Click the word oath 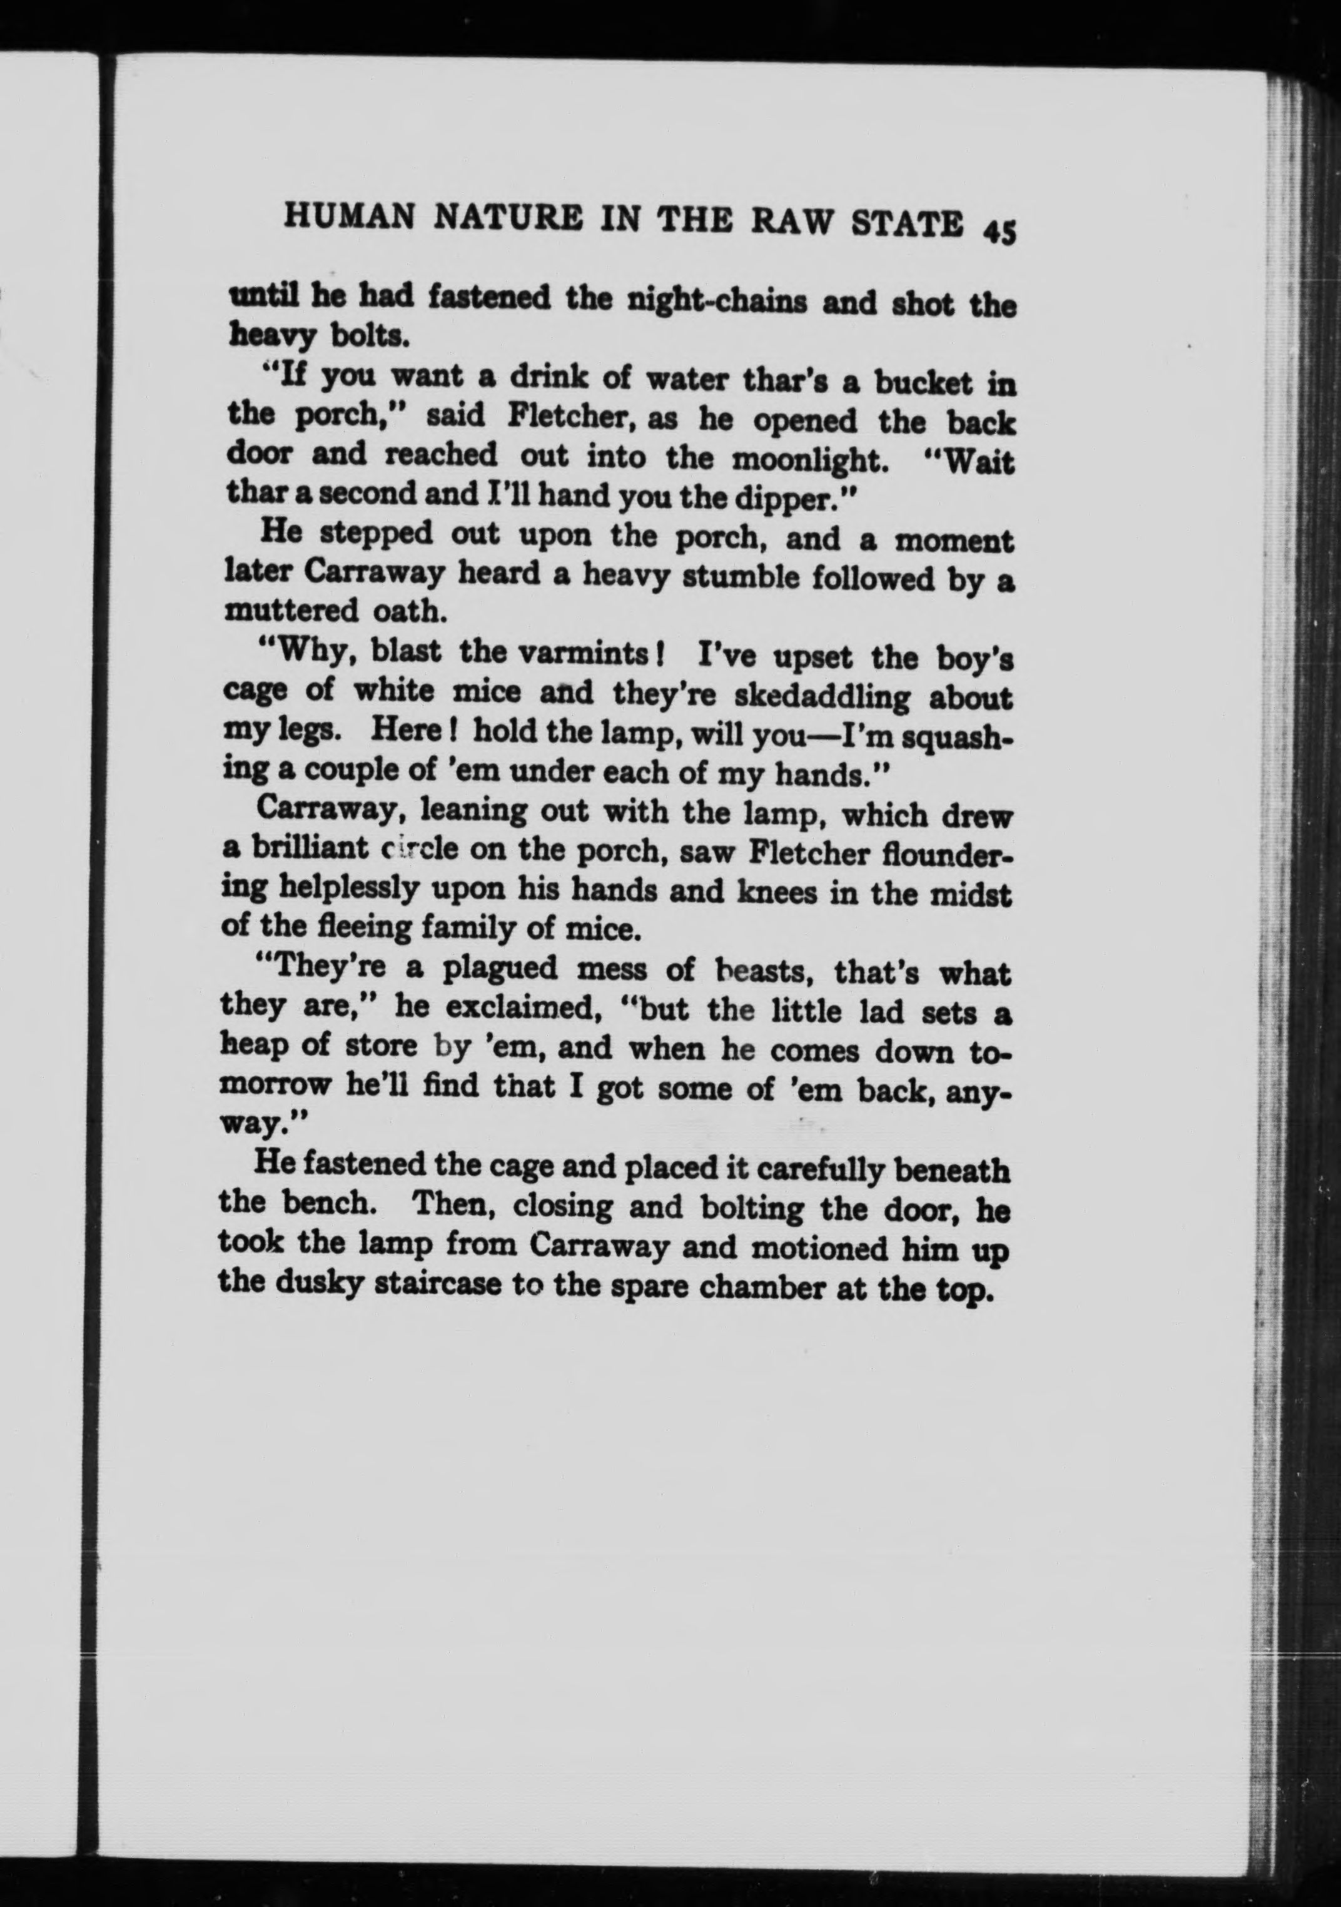coord(408,612)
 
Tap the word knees coord(770,893)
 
